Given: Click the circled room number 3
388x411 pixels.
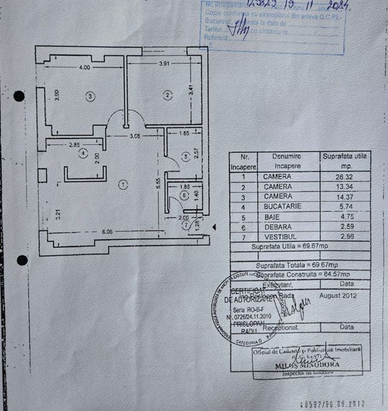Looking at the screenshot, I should (90, 96).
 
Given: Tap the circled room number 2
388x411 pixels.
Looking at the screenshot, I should (168, 94).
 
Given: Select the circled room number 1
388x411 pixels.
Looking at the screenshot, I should (123, 184).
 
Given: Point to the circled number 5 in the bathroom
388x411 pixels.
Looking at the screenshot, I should (186, 156).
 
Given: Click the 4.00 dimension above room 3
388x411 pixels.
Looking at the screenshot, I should (84, 68).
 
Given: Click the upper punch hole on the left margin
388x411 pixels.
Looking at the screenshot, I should (19, 96).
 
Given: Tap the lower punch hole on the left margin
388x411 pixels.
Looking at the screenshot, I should (22, 260).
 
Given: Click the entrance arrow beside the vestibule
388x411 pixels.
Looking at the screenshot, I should (213, 227).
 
